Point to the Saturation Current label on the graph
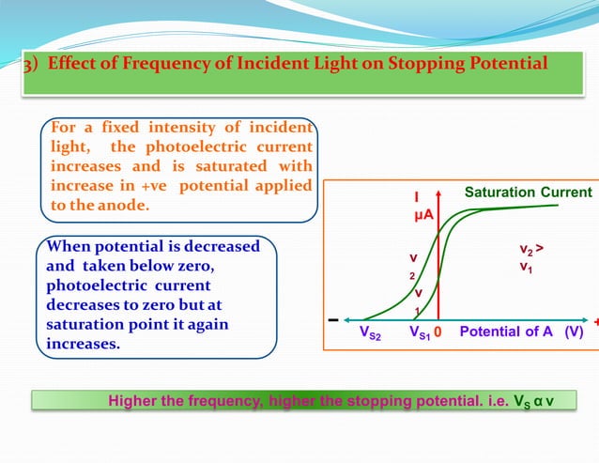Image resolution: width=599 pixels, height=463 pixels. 529,193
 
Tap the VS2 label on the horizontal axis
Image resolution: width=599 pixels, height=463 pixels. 371,332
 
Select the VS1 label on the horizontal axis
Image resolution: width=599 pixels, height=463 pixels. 419,332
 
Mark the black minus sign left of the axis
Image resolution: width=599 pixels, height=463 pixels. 333,319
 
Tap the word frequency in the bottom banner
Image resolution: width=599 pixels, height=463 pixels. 223,401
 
